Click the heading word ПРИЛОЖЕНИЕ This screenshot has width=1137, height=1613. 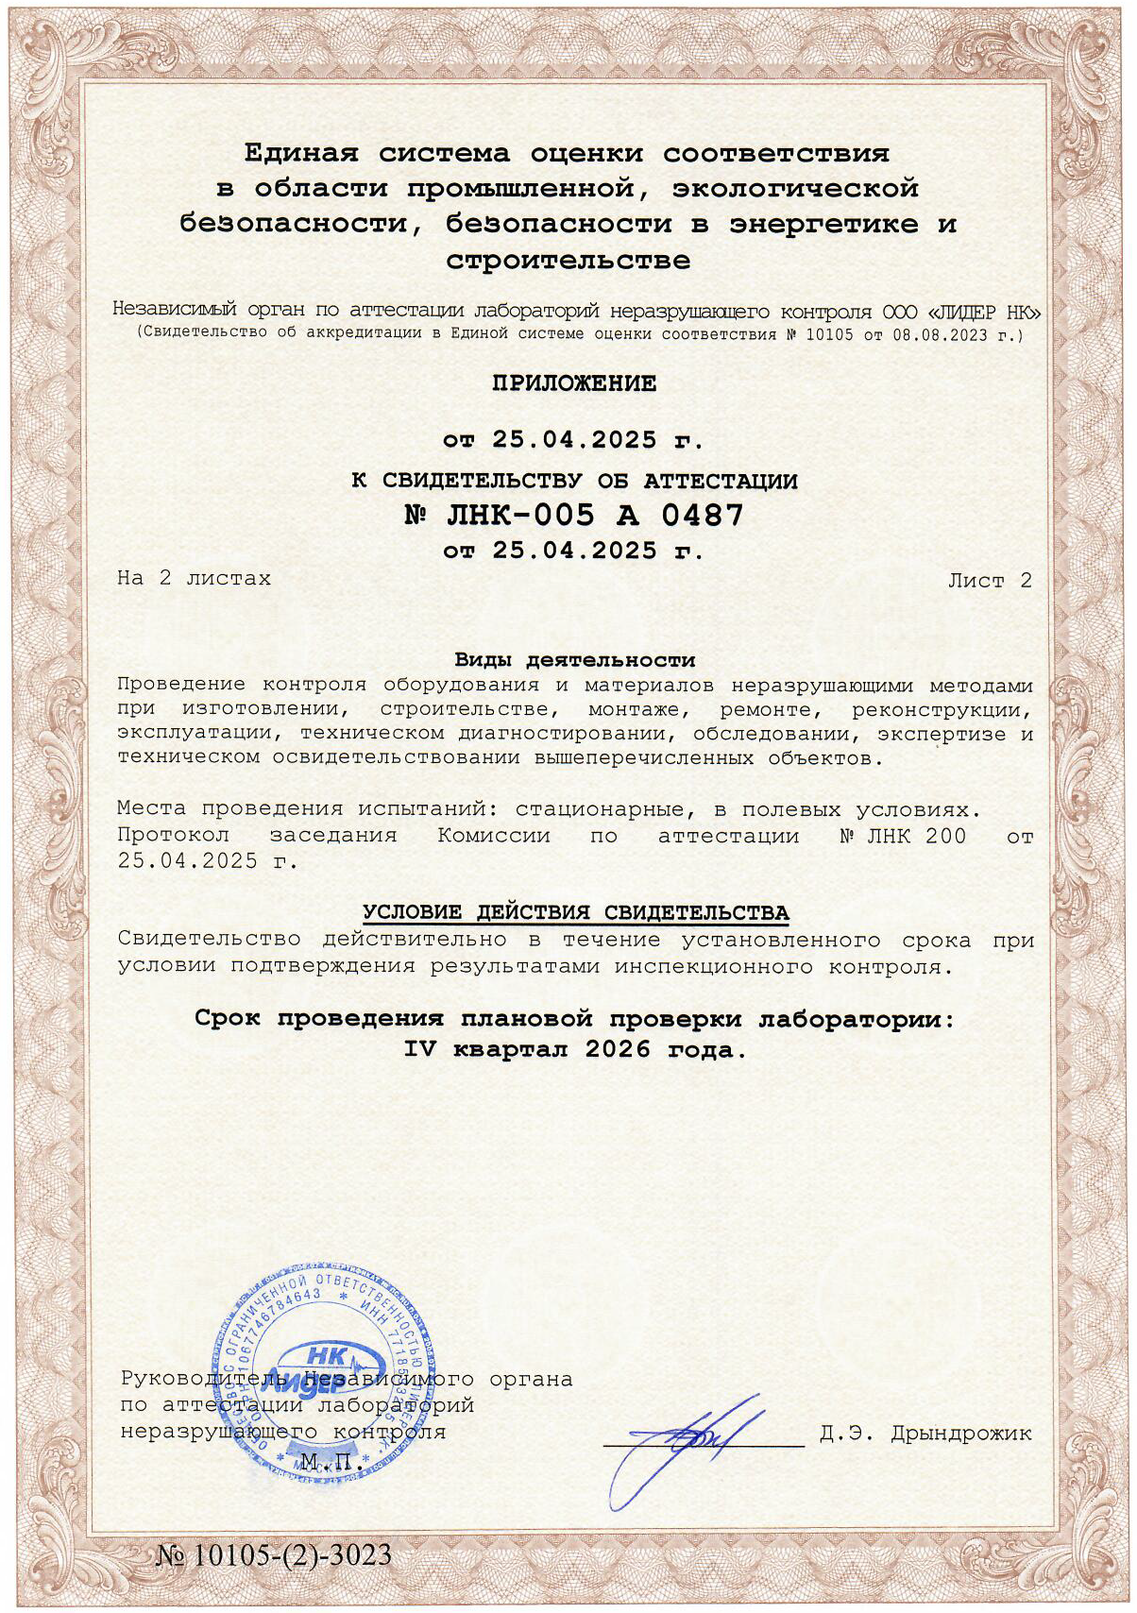(573, 383)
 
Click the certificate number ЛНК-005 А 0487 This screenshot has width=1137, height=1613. (573, 516)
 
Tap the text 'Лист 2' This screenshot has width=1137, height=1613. (990, 581)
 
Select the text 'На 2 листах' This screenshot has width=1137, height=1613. (194, 578)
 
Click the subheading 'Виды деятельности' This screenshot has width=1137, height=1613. (574, 660)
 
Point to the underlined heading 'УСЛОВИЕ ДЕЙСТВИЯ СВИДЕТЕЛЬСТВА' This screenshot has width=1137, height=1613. (576, 913)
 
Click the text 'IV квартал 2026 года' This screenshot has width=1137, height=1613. (574, 1049)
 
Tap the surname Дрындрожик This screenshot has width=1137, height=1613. (961, 1434)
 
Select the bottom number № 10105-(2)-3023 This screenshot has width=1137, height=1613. (274, 1555)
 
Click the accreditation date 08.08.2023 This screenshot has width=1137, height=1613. (954, 334)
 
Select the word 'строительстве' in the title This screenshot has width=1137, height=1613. (568, 260)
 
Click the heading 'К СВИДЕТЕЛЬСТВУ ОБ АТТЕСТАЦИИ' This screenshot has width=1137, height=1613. (574, 482)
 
